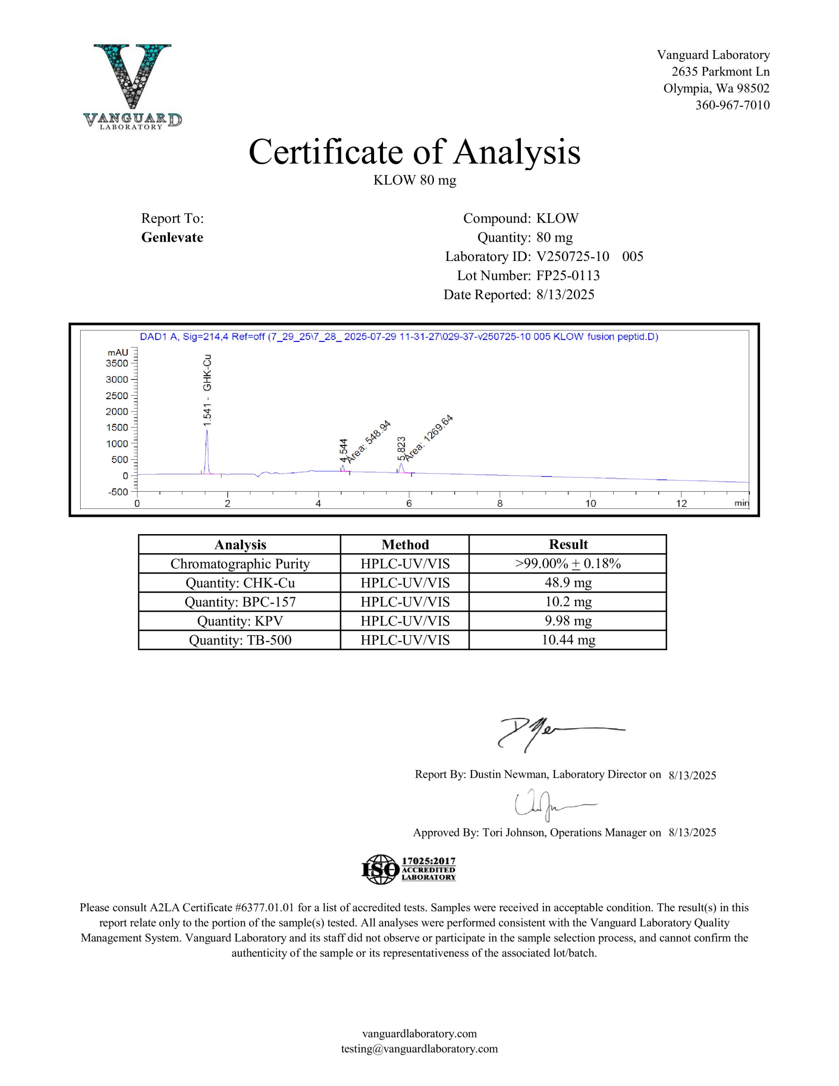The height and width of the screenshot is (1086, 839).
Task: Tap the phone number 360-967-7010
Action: click(x=732, y=105)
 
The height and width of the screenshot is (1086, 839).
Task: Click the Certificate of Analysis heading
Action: click(x=414, y=152)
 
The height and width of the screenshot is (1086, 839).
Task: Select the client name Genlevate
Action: click(x=172, y=237)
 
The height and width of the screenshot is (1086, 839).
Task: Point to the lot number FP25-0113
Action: click(x=568, y=275)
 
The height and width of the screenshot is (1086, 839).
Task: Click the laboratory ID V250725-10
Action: click(x=573, y=257)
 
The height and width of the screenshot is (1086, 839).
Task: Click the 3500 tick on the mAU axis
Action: click(x=117, y=364)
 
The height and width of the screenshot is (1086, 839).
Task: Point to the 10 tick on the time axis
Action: click(x=590, y=503)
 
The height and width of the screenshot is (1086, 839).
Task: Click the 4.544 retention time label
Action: click(x=343, y=451)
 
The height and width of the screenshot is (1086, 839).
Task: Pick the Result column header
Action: click(x=568, y=545)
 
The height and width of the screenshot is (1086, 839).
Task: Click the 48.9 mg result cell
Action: click(x=568, y=582)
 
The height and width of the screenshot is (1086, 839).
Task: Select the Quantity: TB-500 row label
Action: click(x=240, y=640)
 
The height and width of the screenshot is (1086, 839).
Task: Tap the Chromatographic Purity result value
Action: click(x=568, y=563)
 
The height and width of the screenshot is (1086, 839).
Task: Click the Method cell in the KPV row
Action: click(x=405, y=621)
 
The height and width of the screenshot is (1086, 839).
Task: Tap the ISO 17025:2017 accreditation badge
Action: click(x=408, y=869)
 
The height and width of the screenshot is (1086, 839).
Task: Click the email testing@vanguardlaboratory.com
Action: click(x=419, y=1049)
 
